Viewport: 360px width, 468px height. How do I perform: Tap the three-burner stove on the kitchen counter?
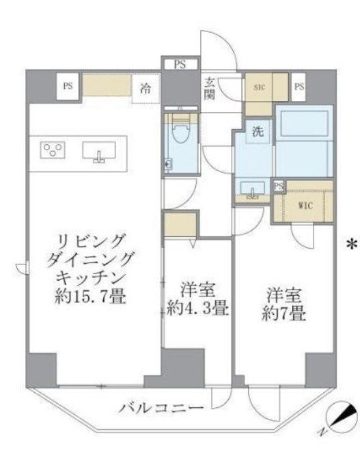click(x=53, y=150)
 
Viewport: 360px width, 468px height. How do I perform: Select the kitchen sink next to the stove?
click(x=99, y=151)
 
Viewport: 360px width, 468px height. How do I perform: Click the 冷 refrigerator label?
click(x=146, y=88)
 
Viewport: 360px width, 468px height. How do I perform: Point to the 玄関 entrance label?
click(x=210, y=88)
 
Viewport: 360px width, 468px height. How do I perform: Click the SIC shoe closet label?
click(x=259, y=87)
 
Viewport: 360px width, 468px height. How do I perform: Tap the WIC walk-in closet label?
click(x=305, y=206)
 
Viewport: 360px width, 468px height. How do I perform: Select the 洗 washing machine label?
click(x=258, y=131)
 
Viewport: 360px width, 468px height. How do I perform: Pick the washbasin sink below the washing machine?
click(x=252, y=189)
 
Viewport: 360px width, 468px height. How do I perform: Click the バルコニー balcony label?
click(x=161, y=407)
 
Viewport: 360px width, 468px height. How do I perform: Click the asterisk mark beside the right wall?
click(x=352, y=244)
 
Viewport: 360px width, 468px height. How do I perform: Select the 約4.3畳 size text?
click(x=197, y=308)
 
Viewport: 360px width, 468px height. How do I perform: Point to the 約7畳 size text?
click(x=284, y=314)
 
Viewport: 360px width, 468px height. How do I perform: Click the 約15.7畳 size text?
click(x=90, y=297)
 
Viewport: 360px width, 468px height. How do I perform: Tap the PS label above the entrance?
click(x=180, y=64)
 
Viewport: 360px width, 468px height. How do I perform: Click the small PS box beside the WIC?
click(x=279, y=187)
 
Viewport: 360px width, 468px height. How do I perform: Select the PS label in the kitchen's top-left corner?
click(x=68, y=86)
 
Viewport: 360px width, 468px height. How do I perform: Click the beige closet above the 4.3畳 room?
click(x=180, y=224)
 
